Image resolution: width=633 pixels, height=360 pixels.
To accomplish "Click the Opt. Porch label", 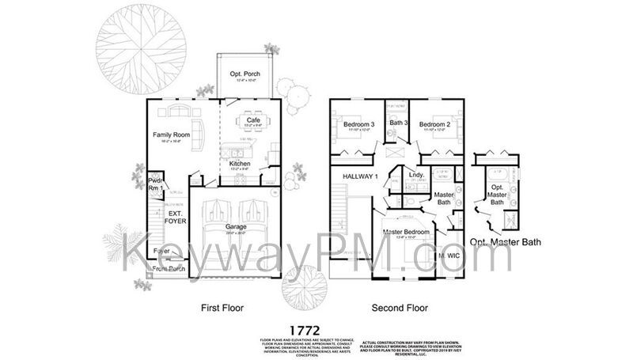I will click(245, 74).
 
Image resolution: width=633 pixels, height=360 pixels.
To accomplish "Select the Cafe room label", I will click(253, 120).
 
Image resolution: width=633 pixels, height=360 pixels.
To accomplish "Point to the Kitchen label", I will click(241, 164).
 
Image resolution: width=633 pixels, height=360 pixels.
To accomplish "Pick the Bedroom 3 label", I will click(358, 124).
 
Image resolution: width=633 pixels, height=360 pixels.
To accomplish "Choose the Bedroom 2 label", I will click(434, 124).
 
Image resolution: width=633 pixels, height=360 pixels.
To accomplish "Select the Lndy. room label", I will click(417, 175).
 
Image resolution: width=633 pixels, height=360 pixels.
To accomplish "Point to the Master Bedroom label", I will click(406, 232).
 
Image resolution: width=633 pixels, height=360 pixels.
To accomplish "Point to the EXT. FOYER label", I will click(175, 218).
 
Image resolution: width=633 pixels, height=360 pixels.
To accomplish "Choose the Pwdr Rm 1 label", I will click(154, 185).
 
